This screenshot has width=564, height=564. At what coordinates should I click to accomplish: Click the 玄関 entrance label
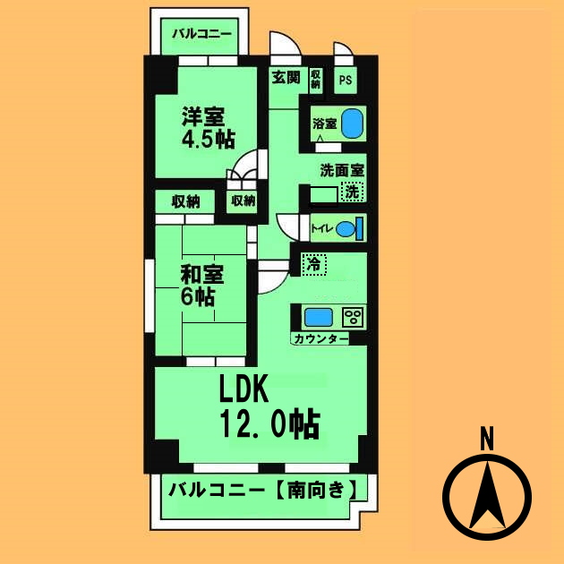pyautogui.click(x=286, y=78)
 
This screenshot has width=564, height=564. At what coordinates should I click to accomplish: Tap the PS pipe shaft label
pyautogui.click(x=346, y=80)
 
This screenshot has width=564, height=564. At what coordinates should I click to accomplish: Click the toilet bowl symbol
pyautogui.click(x=349, y=228)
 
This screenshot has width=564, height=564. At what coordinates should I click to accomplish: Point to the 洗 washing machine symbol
pyautogui.click(x=355, y=192)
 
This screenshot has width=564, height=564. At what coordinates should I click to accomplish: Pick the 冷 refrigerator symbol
pyautogui.click(x=314, y=264)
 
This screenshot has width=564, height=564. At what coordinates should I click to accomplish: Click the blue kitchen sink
pyautogui.click(x=318, y=317)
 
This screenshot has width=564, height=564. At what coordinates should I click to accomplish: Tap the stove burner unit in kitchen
pyautogui.click(x=354, y=317)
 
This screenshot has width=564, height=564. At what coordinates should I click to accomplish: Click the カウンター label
pyautogui.click(x=320, y=339)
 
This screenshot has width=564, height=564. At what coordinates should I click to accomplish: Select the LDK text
pyautogui.click(x=247, y=391)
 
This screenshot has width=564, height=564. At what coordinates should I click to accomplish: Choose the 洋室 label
pyautogui.click(x=204, y=117)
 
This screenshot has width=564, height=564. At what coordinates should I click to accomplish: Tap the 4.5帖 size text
pyautogui.click(x=208, y=140)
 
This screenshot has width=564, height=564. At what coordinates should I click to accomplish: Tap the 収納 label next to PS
pyautogui.click(x=316, y=80)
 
